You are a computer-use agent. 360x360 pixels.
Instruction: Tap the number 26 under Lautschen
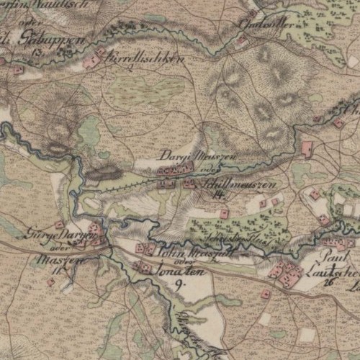[x=329, y=282]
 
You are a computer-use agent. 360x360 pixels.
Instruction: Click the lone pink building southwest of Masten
[x=50, y=282]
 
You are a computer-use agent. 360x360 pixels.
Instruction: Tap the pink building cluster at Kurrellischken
[x=92, y=63]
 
